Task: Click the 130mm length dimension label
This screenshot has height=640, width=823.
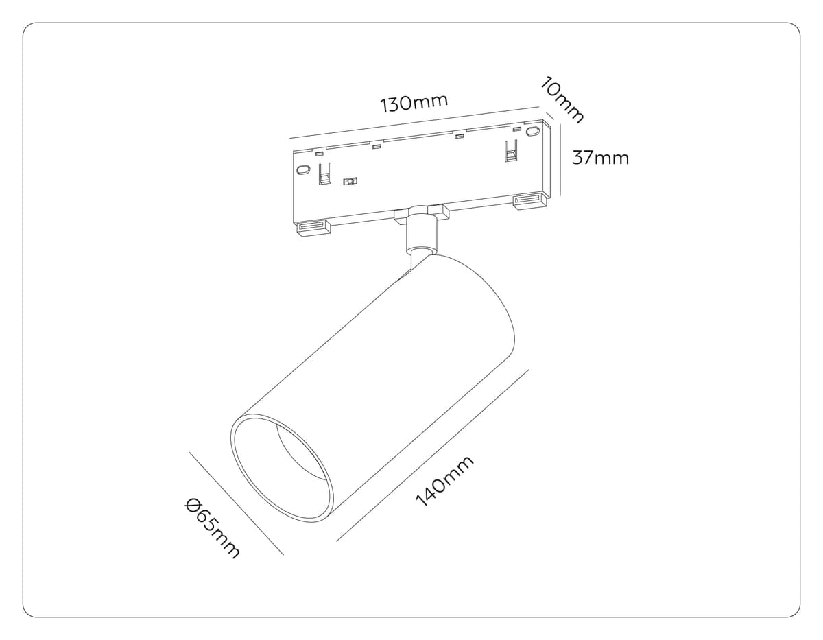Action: tap(414, 104)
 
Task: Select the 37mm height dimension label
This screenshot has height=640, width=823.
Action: tap(600, 158)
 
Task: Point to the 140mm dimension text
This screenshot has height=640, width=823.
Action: tap(444, 482)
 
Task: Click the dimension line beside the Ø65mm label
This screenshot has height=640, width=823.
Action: tap(236, 503)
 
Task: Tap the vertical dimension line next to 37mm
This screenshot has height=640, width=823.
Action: tap(562, 159)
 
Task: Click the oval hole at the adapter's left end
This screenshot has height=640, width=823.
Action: tap(302, 169)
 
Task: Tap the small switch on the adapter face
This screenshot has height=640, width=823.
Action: tap(350, 182)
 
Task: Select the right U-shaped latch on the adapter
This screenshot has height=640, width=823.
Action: tap(510, 152)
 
